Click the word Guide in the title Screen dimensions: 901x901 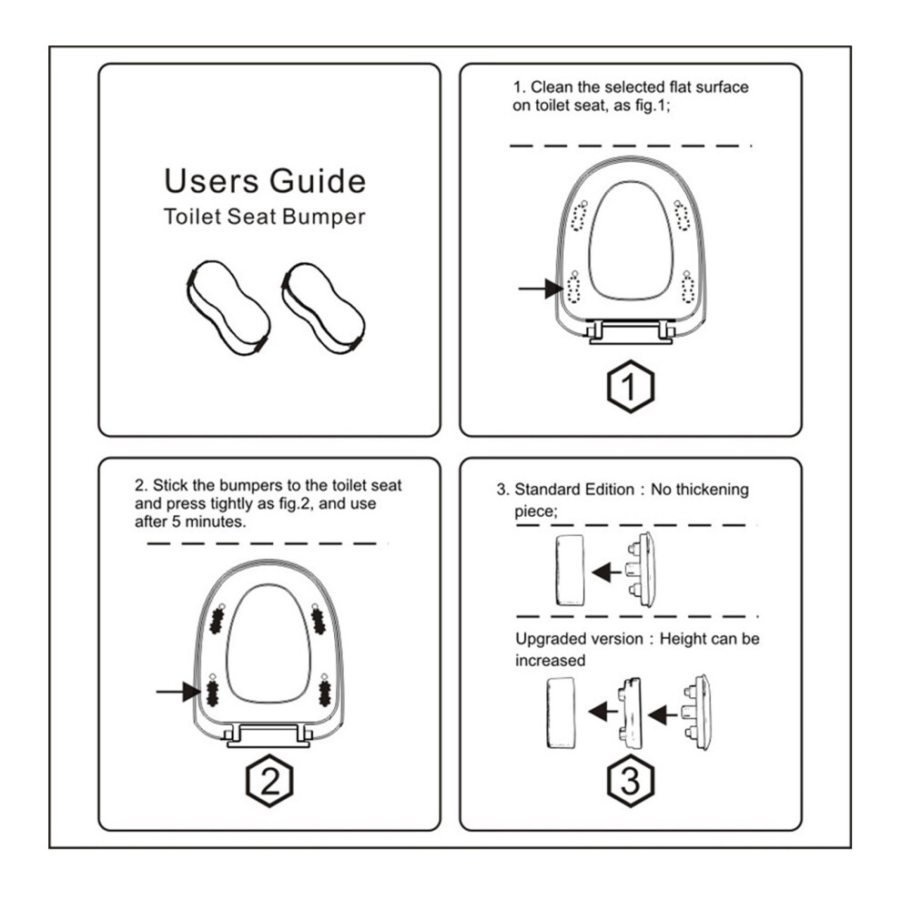pyautogui.click(x=318, y=182)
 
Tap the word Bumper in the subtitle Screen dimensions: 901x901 pyautogui.click(x=324, y=218)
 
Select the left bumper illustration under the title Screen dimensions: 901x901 pyautogui.click(x=228, y=308)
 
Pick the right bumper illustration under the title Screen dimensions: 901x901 pyautogui.click(x=323, y=309)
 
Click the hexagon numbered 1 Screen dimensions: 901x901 pyautogui.click(x=631, y=386)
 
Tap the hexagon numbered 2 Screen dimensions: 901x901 pyautogui.click(x=269, y=781)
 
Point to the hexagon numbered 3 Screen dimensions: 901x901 pyautogui.click(x=631, y=781)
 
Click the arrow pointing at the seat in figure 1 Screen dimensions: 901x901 pyautogui.click(x=541, y=289)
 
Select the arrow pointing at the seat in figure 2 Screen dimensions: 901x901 pyautogui.click(x=178, y=692)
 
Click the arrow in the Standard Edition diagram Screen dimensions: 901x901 pyautogui.click(x=607, y=572)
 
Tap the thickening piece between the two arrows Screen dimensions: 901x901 pyautogui.click(x=630, y=713)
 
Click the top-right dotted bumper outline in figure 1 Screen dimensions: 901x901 pyautogui.click(x=682, y=216)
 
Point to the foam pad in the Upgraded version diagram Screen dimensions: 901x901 pyautogui.click(x=561, y=713)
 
